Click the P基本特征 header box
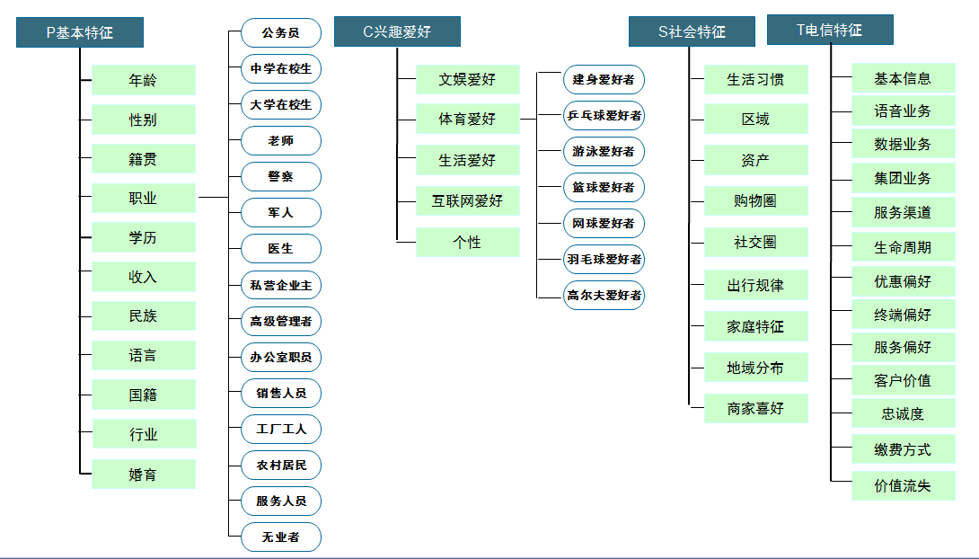pyautogui.click(x=80, y=32)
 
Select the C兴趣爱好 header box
pyautogui.click(x=397, y=31)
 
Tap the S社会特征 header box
pyautogui.click(x=692, y=31)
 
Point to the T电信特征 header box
pyautogui.click(x=830, y=30)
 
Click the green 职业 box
pyautogui.click(x=144, y=198)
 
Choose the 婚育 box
pyautogui.click(x=144, y=474)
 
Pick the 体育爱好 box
pyautogui.click(x=468, y=119)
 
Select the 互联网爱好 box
pyautogui.click(x=468, y=200)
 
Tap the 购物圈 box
pyautogui.click(x=756, y=200)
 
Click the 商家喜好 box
pyautogui.click(x=756, y=409)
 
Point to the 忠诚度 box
pyautogui.click(x=904, y=413)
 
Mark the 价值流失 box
pyautogui.click(x=904, y=485)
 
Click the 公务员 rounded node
pyautogui.click(x=281, y=33)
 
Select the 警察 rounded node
pyautogui.click(x=281, y=177)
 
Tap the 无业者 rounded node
pyautogui.click(x=281, y=537)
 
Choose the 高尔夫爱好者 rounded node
pyautogui.click(x=604, y=296)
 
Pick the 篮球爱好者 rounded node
pyautogui.click(x=604, y=187)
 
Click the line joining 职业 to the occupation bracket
pyautogui.click(x=214, y=198)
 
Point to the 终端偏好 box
pyautogui.click(x=904, y=315)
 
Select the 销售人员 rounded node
pyautogui.click(x=281, y=394)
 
